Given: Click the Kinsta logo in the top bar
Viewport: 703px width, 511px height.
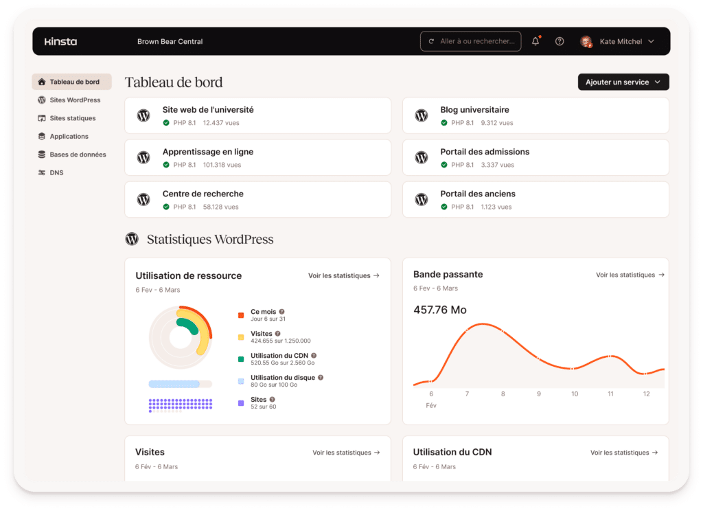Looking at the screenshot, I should pos(60,41).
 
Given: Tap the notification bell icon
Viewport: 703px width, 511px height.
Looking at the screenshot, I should pos(535,41).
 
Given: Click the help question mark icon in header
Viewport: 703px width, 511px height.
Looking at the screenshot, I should pos(560,41).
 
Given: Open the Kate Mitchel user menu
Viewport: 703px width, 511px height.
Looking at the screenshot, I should pos(617,41).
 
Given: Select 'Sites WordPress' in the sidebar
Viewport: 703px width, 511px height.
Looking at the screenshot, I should pos(75,100).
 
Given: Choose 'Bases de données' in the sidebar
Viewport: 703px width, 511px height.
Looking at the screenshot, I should pos(78,155).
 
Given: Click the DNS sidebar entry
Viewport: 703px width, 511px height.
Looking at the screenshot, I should pos(56,173).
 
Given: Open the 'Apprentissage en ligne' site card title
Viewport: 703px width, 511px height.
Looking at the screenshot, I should pos(207,152).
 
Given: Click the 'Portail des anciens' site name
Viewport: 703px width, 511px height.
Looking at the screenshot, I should pos(478,194).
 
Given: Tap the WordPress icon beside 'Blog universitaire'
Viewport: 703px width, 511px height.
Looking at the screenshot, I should pos(422,115).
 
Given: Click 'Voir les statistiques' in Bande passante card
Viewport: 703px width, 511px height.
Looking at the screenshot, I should pos(630,275).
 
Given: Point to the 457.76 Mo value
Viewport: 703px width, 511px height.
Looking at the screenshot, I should pos(440,310).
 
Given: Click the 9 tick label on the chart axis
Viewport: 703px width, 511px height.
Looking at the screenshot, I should pos(538,394).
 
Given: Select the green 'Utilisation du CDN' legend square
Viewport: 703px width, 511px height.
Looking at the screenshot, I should pos(241,359).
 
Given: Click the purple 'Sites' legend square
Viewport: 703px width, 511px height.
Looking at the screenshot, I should pos(241,402).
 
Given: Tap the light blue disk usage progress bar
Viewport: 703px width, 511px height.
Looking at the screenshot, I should pos(174,384).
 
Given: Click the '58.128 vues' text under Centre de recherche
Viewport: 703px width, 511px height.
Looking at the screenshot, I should pos(220,207).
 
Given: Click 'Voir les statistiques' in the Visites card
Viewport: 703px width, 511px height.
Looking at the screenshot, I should pos(345,453).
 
